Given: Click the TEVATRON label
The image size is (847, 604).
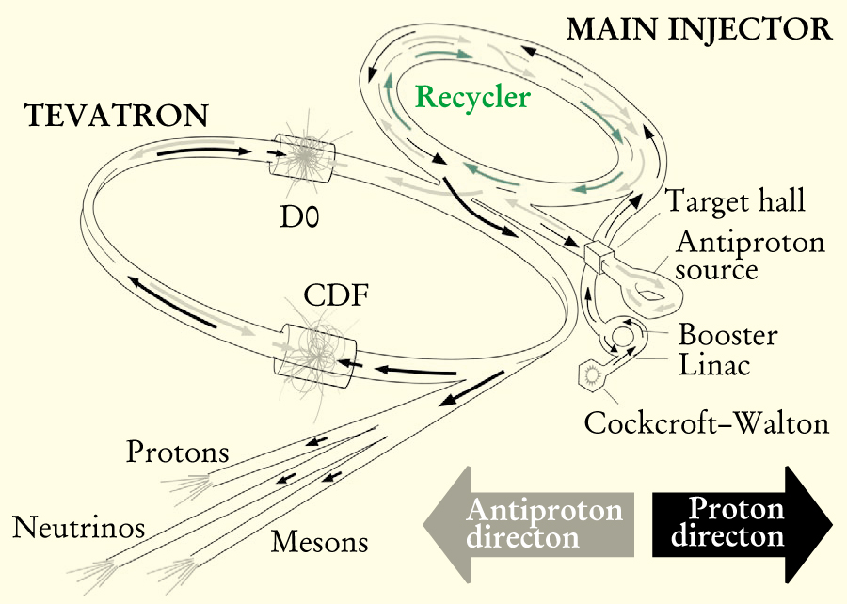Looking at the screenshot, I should [x=116, y=116].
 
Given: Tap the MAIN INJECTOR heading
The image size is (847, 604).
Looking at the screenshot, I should [x=698, y=29].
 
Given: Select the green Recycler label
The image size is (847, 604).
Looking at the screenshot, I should [x=472, y=97].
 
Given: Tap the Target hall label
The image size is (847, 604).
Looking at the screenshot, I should [x=735, y=201].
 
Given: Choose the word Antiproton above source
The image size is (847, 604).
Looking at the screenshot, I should [x=750, y=242].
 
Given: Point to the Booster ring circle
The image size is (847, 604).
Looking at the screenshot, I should [x=623, y=335].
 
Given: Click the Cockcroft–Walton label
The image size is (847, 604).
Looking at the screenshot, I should [x=706, y=422].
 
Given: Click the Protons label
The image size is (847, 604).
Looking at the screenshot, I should [x=178, y=453].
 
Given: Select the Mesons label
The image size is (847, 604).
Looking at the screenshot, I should [x=319, y=542].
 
